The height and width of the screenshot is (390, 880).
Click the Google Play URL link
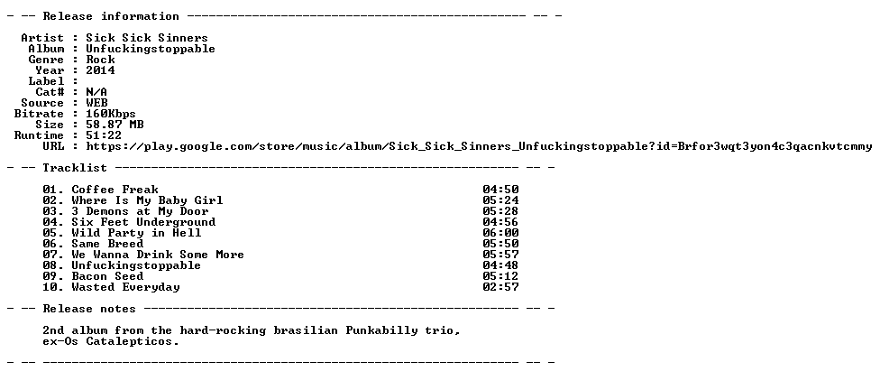tap(479, 146)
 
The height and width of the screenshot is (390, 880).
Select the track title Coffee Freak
tap(115, 190)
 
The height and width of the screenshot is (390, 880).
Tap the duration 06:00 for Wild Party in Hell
tap(500, 233)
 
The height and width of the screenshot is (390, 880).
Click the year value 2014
tap(100, 70)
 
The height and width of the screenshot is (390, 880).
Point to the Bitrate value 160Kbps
tap(111, 114)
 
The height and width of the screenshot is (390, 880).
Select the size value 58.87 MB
tap(115, 125)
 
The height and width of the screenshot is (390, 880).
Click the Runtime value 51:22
tap(104, 135)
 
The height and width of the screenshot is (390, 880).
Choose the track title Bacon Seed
tap(108, 276)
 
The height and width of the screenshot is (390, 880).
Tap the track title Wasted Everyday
tap(125, 287)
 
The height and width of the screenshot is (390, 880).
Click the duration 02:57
tap(500, 287)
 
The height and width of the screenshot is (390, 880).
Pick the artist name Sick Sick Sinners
tap(147, 38)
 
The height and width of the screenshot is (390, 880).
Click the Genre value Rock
tap(100, 60)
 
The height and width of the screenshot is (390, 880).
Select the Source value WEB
tap(97, 103)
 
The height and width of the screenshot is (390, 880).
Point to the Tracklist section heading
tap(75, 167)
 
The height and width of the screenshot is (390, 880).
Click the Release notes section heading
tap(90, 309)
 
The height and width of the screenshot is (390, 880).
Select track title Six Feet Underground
tap(143, 222)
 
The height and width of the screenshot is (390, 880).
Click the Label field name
tap(46, 81)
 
